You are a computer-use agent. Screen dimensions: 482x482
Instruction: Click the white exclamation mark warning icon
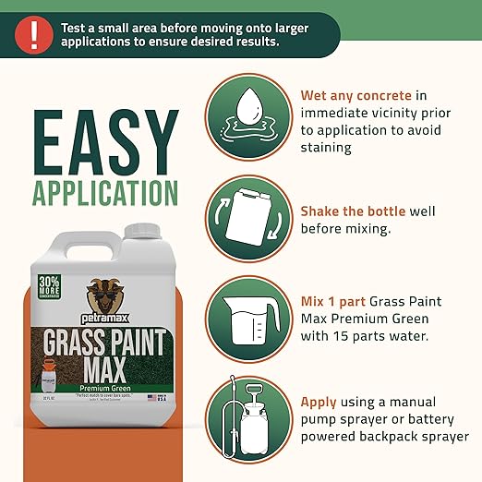34,35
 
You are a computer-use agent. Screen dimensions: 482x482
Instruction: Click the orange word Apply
319,403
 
